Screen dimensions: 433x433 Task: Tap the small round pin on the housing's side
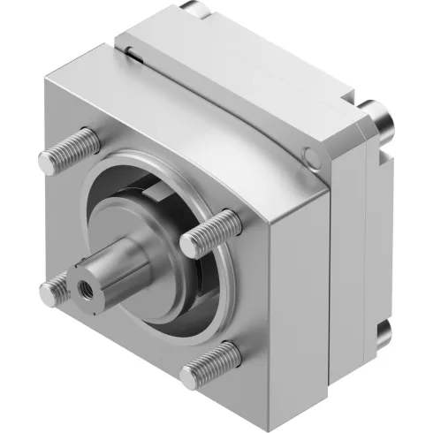point(308,158)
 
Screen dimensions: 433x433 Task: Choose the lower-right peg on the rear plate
point(382,334)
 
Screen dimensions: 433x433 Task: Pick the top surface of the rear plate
point(265,53)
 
